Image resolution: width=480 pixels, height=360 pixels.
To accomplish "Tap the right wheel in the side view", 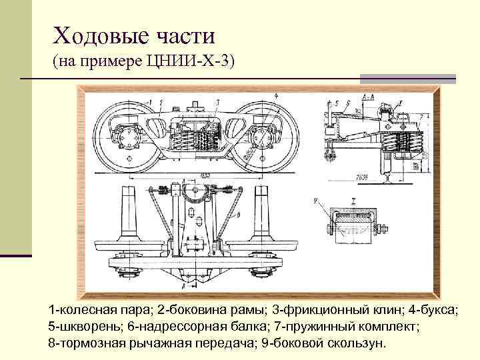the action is [x=264, y=137].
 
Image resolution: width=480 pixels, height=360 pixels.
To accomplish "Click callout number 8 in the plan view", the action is [x=239, y=215].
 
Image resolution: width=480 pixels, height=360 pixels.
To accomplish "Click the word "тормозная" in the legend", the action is [x=86, y=343].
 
